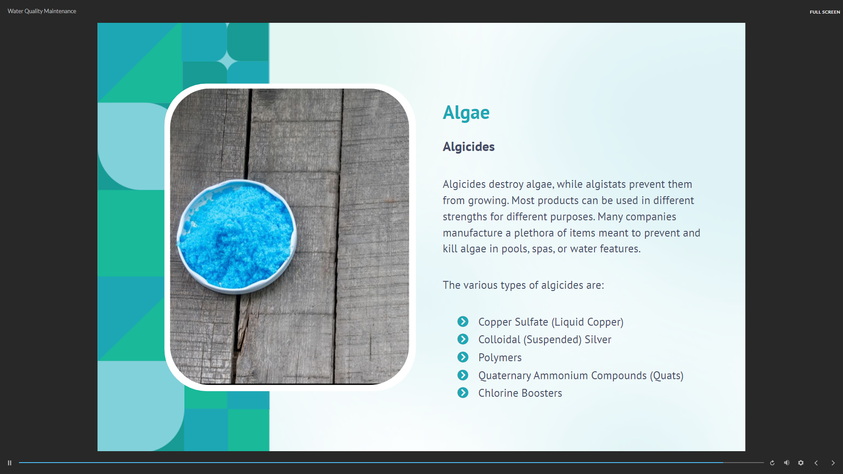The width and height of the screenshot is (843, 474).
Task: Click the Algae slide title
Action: tap(466, 113)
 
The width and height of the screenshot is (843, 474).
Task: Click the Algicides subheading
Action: tap(468, 147)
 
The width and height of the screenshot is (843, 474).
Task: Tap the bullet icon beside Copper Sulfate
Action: tap(463, 322)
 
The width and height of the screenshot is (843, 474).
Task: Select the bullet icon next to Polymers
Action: tap(463, 357)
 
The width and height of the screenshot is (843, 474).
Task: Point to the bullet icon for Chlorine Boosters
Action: tap(463, 393)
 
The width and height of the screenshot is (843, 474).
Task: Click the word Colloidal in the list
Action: tap(499, 340)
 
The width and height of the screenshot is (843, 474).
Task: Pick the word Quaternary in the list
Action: tap(504, 376)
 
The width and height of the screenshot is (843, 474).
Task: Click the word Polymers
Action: tap(500, 358)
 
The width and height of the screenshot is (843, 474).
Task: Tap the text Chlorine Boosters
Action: tap(520, 393)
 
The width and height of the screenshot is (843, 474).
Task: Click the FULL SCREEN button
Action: tap(825, 12)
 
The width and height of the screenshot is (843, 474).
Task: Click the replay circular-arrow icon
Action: tap(772, 463)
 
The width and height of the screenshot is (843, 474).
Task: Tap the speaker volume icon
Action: tap(787, 463)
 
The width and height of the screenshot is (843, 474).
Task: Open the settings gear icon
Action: tap(801, 463)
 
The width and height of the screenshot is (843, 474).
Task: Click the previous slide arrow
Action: tap(816, 463)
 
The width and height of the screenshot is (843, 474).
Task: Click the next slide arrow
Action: tap(833, 463)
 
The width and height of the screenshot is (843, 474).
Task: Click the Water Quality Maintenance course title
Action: tap(42, 11)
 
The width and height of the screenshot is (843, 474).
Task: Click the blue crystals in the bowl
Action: tap(236, 237)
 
